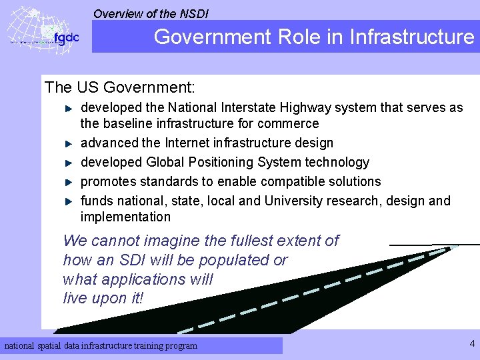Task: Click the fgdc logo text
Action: [66, 38]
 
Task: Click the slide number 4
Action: [472, 344]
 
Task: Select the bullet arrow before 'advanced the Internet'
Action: [68, 143]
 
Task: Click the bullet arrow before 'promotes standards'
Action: [68, 182]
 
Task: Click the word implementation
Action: [125, 217]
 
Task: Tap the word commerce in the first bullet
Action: [290, 123]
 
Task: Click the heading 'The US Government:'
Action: [119, 87]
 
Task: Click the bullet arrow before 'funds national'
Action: [68, 201]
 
